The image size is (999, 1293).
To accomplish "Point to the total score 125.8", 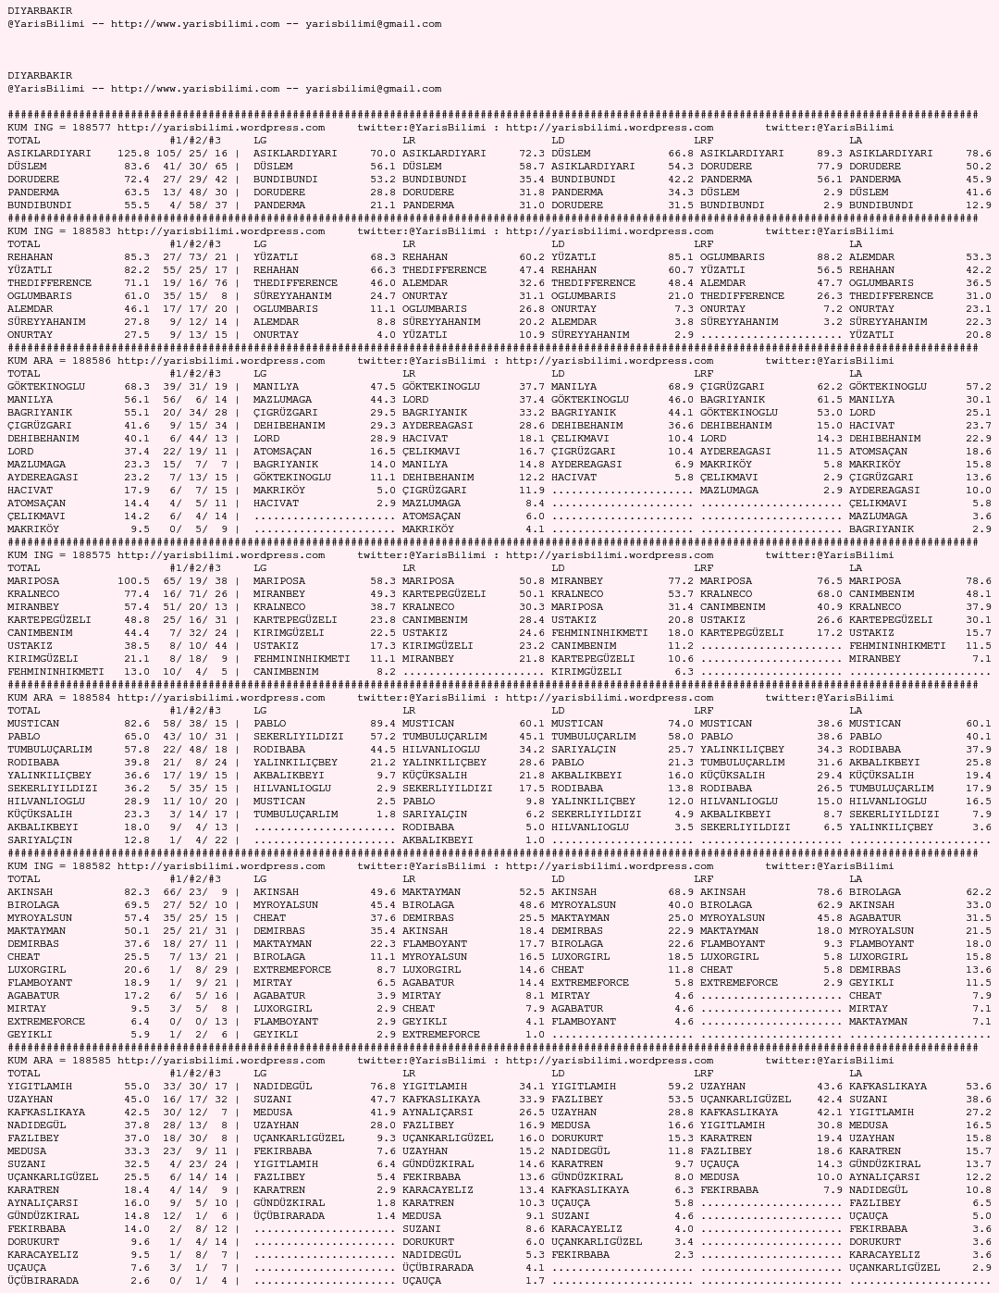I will [133, 154].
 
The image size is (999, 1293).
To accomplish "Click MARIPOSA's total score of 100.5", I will [133, 581].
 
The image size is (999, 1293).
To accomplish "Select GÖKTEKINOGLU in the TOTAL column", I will [46, 387].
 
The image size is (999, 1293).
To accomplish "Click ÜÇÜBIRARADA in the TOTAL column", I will [43, 1281].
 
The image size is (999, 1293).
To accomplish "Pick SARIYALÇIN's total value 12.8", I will [136, 840].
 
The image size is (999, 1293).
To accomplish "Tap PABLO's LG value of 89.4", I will [382, 724].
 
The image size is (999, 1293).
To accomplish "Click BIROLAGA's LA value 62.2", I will [978, 892].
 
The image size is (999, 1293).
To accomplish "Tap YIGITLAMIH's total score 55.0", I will [136, 1087].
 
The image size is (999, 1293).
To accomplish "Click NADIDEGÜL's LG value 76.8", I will [382, 1087].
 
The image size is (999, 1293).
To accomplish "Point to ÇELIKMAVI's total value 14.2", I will [136, 516].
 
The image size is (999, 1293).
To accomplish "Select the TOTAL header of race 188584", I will [24, 711].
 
